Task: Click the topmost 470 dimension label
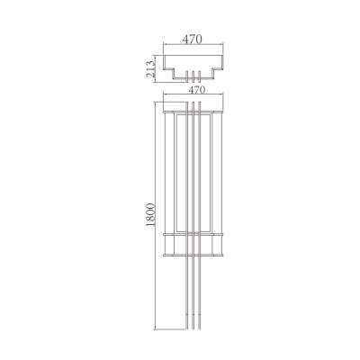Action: [191, 39]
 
